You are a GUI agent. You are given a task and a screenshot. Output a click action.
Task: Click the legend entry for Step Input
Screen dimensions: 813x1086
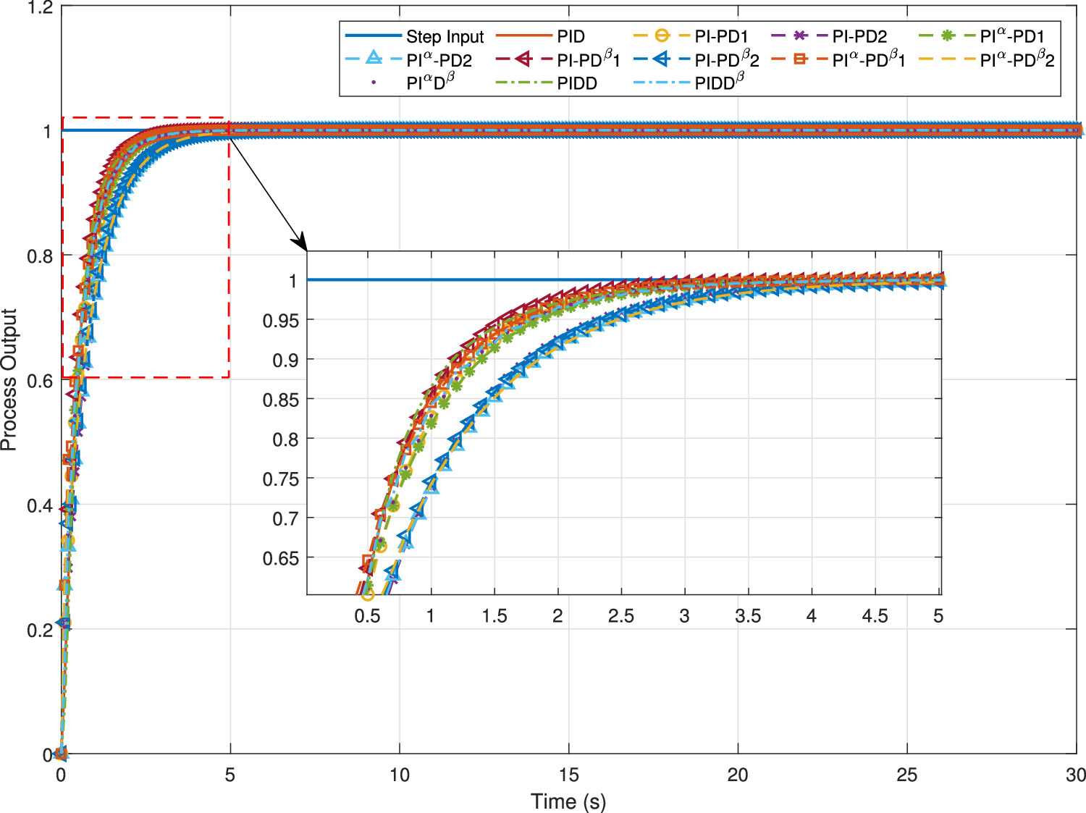coord(445,37)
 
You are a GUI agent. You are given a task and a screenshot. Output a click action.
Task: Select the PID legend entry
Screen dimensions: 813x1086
coord(571,37)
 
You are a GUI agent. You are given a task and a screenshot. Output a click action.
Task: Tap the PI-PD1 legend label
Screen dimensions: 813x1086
coord(721,37)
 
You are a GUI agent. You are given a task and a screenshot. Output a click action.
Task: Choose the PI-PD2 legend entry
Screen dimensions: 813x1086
coord(859,37)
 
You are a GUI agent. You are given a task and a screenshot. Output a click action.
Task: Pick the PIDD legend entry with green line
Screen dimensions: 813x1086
coord(577,83)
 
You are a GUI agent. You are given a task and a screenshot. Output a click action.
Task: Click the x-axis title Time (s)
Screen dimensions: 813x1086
coord(568,801)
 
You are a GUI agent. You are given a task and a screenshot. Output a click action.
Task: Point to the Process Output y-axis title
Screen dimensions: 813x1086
coord(9,380)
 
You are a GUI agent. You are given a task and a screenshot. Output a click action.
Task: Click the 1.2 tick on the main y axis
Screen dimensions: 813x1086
coord(40,8)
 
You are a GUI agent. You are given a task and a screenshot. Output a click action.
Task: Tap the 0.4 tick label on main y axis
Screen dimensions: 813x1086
coord(40,505)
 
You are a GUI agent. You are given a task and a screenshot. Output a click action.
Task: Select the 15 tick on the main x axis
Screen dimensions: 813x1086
coord(568,775)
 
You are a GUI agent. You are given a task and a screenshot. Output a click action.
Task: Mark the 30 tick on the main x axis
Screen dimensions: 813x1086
coord(1075,775)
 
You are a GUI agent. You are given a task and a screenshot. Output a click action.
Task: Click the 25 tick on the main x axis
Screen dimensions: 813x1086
coord(906,775)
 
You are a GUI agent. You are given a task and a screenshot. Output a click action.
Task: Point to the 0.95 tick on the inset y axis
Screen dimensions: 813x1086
coord(280,321)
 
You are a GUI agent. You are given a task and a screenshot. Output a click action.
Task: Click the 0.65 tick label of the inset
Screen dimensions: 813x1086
coord(280,558)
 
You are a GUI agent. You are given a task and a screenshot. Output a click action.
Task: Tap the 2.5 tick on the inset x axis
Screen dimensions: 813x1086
coord(620,616)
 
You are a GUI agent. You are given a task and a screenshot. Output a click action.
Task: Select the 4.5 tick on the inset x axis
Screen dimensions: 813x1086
coord(875,616)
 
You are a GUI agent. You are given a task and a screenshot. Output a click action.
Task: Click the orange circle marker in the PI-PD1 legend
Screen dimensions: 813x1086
coord(661,36)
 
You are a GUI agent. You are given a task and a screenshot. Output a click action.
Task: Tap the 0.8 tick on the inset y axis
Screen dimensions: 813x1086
coord(285,439)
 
